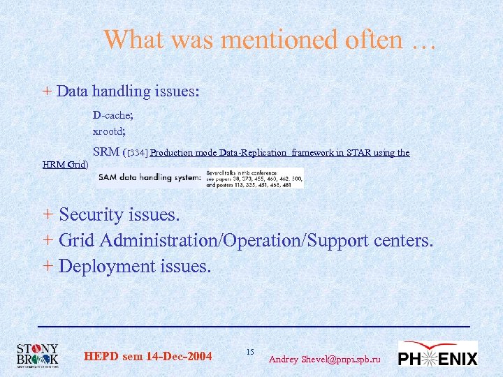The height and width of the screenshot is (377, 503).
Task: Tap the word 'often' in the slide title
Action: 374,40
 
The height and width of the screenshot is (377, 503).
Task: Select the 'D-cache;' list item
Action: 113,115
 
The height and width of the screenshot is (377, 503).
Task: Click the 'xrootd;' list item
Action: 109,131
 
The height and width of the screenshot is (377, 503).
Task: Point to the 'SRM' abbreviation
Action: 106,152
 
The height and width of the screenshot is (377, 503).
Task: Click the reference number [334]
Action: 137,153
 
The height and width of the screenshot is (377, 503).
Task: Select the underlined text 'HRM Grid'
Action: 64,165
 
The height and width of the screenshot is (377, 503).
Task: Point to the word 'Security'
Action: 93,214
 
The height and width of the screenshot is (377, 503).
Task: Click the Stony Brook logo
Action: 38,355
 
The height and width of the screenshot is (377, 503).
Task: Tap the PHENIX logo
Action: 437,354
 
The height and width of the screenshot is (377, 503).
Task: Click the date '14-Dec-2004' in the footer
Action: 180,357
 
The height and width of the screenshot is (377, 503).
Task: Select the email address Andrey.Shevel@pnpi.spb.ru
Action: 325,359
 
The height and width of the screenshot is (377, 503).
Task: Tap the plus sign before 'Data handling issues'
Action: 47,91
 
